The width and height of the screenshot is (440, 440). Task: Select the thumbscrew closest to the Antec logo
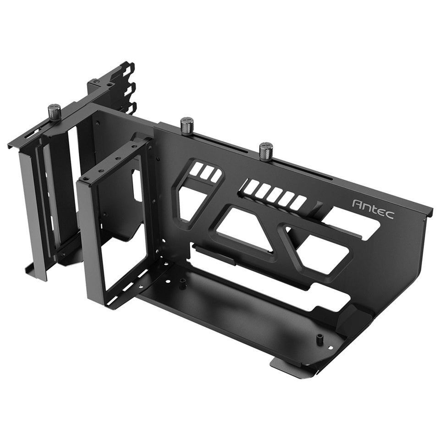(266, 151)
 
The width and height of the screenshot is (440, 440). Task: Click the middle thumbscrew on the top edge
(187, 125)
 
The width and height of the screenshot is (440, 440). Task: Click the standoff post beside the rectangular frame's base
(182, 284)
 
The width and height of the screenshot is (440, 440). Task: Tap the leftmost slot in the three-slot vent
(196, 169)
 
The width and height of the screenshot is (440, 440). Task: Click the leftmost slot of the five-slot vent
(251, 186)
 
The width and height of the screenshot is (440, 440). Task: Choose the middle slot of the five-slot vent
(275, 195)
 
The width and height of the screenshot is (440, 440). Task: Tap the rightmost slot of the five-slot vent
(298, 203)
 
